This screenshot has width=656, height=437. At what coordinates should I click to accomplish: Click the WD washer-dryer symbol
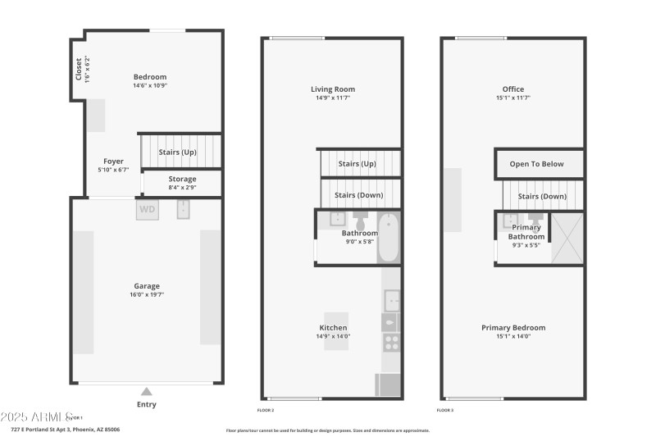click(148, 209)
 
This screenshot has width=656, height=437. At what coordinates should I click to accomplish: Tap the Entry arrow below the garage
click(147, 391)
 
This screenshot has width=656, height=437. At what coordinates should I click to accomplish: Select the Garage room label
click(147, 286)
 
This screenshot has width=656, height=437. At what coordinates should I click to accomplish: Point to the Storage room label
click(182, 179)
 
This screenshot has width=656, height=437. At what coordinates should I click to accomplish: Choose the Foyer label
click(113, 162)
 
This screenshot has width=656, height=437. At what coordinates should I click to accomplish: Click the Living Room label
click(333, 89)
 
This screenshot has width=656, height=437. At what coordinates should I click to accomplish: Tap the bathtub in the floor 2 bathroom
click(389, 237)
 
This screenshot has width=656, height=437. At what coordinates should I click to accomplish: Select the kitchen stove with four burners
click(391, 343)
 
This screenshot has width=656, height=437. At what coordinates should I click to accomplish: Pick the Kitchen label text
click(332, 328)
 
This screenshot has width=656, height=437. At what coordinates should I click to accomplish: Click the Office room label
click(513, 89)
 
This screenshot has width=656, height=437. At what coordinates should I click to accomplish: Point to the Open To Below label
click(537, 164)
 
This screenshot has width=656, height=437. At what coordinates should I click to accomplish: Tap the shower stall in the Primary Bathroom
click(567, 238)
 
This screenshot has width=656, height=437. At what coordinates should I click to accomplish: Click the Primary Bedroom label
click(513, 328)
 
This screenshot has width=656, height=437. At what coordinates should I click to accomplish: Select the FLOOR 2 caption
click(266, 409)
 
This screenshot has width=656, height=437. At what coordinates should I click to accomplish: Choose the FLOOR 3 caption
click(444, 409)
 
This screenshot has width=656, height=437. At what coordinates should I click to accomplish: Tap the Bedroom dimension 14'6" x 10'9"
click(150, 86)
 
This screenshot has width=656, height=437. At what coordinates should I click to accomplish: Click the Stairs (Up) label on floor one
click(178, 152)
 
